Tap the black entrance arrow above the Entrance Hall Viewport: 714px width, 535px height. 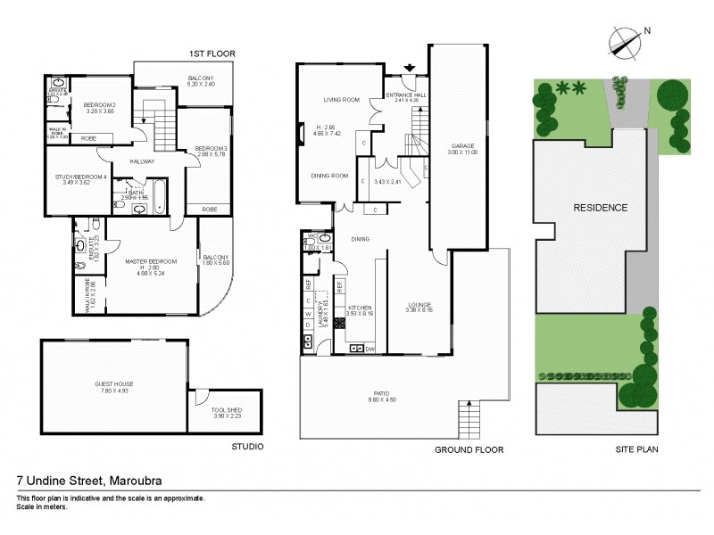point(410,68)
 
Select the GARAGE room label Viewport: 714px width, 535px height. point(462,145)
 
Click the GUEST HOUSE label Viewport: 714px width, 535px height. point(113,384)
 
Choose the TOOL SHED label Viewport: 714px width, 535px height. point(225,411)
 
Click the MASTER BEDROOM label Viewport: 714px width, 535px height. point(150,261)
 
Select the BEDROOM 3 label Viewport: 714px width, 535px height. point(212,147)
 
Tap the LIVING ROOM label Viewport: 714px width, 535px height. point(341,100)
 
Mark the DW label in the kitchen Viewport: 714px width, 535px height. point(369,349)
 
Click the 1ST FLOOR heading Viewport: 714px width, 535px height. point(213,54)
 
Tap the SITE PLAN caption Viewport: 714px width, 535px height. point(637,449)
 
